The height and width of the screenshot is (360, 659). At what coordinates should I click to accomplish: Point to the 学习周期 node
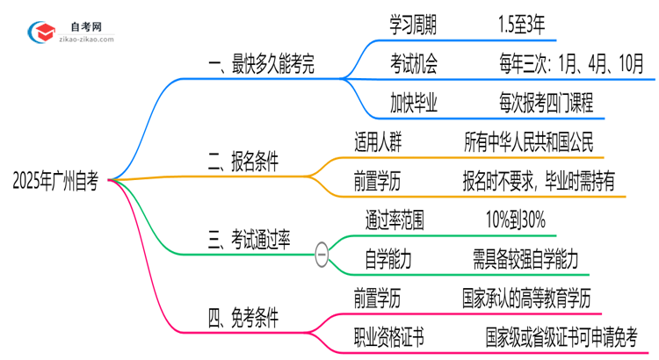coord(413,26)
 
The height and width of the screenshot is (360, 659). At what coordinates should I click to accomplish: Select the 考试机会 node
coord(413,64)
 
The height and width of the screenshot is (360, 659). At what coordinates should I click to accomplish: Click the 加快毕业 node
coord(413,103)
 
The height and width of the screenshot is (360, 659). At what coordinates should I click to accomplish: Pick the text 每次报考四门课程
coord(546,103)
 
